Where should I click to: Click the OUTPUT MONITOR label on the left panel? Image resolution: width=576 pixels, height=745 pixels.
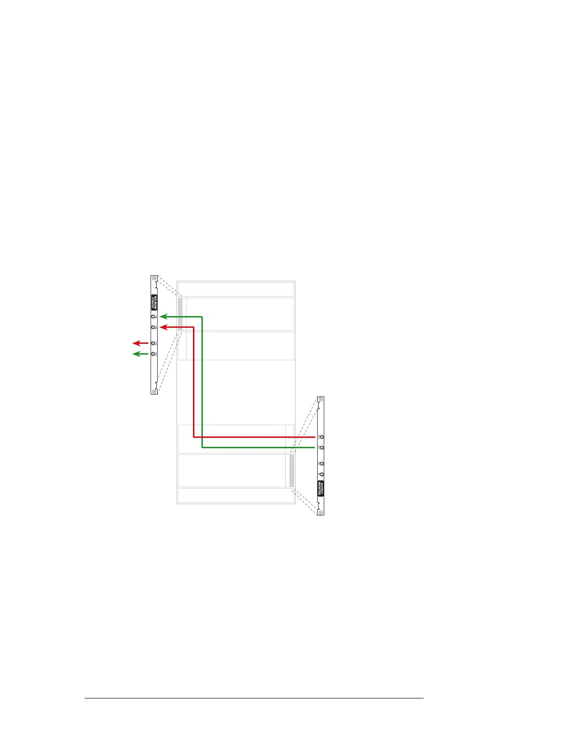(x=154, y=302)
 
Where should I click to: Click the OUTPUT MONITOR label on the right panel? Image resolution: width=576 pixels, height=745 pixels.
(x=321, y=488)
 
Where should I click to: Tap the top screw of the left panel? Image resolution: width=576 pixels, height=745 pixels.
(x=154, y=279)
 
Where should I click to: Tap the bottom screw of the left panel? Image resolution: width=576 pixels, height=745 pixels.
(x=154, y=391)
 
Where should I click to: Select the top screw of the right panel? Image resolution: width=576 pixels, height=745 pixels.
(x=321, y=400)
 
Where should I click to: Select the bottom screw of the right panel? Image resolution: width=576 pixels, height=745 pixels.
(x=321, y=512)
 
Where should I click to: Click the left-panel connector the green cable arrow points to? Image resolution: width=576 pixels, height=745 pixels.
(x=154, y=317)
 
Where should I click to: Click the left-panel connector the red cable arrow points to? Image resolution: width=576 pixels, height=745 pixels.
(x=154, y=327)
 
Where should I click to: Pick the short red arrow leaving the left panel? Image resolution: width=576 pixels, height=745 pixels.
(x=140, y=343)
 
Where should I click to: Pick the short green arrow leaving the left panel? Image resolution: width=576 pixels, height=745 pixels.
(x=140, y=354)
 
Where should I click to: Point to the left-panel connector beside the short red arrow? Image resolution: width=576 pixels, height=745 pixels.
(x=154, y=343)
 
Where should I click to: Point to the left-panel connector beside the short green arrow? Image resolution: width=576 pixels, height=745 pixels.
(x=154, y=354)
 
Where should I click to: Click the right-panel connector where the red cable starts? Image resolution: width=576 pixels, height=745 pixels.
(x=321, y=437)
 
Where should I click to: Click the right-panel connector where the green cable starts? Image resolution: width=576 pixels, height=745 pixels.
(x=321, y=447)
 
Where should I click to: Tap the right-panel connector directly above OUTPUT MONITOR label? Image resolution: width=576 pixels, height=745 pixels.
(x=321, y=474)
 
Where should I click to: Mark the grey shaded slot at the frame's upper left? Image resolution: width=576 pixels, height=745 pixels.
(x=180, y=314)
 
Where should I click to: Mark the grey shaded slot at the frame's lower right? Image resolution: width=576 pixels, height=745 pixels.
(x=292, y=470)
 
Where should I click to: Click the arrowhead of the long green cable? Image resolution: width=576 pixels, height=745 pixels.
(x=163, y=317)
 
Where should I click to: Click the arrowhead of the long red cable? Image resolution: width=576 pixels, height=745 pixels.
(x=163, y=327)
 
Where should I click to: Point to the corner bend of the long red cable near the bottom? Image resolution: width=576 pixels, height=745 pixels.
(x=194, y=437)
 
